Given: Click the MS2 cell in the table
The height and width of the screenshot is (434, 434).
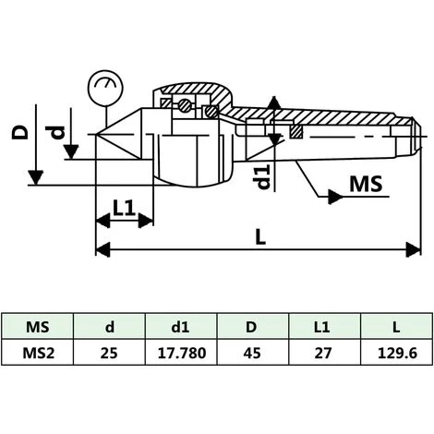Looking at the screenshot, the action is tap(38, 353).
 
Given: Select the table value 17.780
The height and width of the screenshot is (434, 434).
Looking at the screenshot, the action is tap(182, 353).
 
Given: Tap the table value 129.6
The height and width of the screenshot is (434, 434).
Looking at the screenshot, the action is tap(397, 353).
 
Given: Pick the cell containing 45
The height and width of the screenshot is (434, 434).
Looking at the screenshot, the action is tap(252, 353).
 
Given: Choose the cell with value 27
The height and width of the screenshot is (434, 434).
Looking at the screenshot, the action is tap(323, 353).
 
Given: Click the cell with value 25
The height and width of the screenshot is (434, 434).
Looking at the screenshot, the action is tap(109, 353).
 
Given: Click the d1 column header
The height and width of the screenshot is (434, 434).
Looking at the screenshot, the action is tap(180, 327).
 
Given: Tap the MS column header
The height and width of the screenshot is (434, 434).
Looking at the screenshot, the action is tap(38, 327).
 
